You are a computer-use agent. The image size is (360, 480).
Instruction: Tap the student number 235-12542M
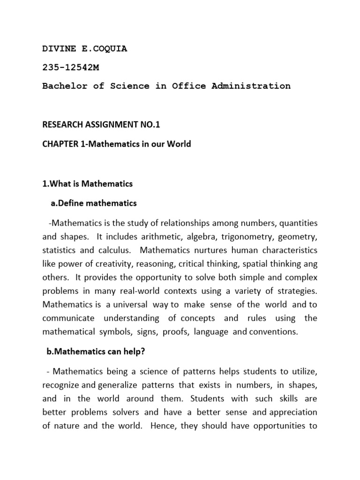pos(71,67)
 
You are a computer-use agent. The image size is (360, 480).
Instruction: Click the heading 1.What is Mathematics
pos(88,184)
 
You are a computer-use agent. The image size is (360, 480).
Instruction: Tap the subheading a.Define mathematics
pos(94,203)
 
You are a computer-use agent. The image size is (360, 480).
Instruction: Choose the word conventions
pos(273,332)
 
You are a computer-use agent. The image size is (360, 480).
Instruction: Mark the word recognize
pos(61,385)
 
